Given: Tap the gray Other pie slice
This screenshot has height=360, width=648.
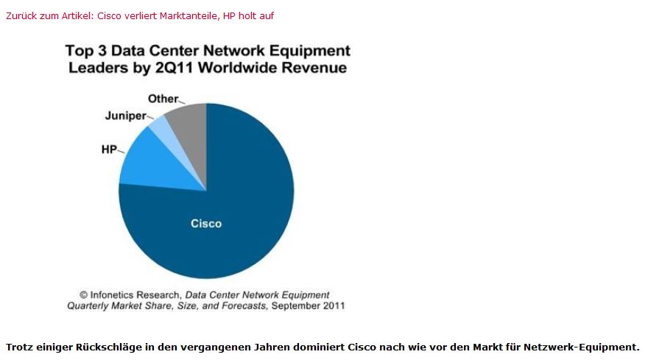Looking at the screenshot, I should tap(189, 121).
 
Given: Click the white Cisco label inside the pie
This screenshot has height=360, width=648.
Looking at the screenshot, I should tap(206, 223).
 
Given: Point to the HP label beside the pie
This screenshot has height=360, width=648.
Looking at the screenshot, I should tap(109, 149).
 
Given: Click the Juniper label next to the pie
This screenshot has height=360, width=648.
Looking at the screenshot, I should tap(124, 116).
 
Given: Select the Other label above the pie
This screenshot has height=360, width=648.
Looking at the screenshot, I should tap(163, 99).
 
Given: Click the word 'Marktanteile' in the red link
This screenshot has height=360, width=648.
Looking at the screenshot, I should tap(189, 15).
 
